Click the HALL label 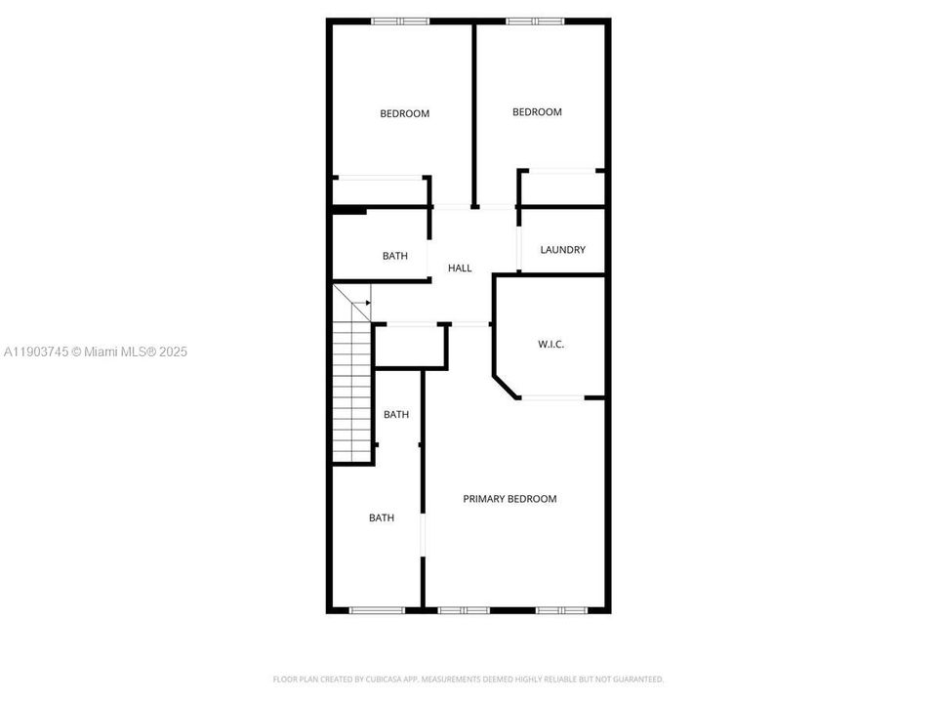[x=460, y=268]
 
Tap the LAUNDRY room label [x=562, y=250]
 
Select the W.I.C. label [x=551, y=344]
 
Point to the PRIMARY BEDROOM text [x=509, y=499]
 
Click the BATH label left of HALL [x=395, y=256]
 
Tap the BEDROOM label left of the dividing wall [x=404, y=114]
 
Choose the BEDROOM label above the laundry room [x=537, y=112]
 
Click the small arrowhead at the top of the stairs [x=367, y=303]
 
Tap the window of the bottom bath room [x=377, y=610]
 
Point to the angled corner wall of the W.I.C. [x=507, y=385]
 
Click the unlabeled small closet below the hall [x=410, y=346]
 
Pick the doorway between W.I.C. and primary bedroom [x=552, y=396]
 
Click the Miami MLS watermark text [x=96, y=351]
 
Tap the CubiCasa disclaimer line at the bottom [x=468, y=679]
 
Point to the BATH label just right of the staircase [x=396, y=415]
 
